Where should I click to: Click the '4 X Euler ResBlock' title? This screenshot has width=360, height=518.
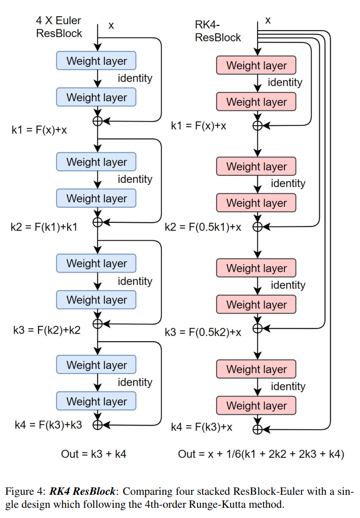[59, 26]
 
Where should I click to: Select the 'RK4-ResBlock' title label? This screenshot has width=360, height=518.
[218, 30]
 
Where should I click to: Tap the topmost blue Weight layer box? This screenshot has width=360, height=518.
[96, 61]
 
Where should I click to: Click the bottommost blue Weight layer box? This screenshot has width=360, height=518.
[96, 401]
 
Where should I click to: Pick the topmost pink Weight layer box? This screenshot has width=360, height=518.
[256, 65]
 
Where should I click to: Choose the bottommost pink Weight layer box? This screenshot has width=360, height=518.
[256, 406]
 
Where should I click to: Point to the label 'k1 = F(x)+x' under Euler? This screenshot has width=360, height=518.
[39, 129]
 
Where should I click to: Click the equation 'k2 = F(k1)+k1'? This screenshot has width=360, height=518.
[44, 227]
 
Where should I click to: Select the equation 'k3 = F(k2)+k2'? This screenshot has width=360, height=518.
[47, 330]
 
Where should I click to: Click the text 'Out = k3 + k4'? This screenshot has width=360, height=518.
[94, 454]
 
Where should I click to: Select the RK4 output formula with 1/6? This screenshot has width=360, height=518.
[261, 454]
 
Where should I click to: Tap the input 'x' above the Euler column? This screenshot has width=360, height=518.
[111, 25]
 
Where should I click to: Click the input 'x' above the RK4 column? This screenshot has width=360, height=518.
[268, 19]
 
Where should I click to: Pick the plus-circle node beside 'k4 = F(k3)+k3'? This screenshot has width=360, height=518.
[97, 424]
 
